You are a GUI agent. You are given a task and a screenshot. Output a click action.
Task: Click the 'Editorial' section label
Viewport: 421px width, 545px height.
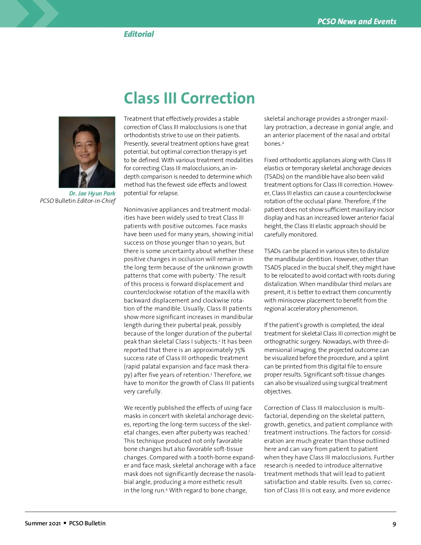tap(139, 34)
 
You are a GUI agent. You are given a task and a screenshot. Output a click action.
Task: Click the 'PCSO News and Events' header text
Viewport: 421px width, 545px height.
tap(356, 21)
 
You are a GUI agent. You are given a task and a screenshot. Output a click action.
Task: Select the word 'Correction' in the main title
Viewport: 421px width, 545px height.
tap(218, 98)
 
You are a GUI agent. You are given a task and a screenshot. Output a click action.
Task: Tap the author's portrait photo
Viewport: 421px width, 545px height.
tap(87, 152)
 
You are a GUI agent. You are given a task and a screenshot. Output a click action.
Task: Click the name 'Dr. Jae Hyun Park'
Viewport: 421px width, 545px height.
tap(92, 193)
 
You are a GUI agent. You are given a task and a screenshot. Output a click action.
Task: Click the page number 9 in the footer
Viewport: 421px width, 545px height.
tap(394, 524)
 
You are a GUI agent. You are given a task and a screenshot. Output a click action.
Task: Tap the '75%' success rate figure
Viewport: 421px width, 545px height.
tap(240, 350)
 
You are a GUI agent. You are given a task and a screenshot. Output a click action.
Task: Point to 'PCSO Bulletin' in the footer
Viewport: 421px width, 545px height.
tap(87, 523)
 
